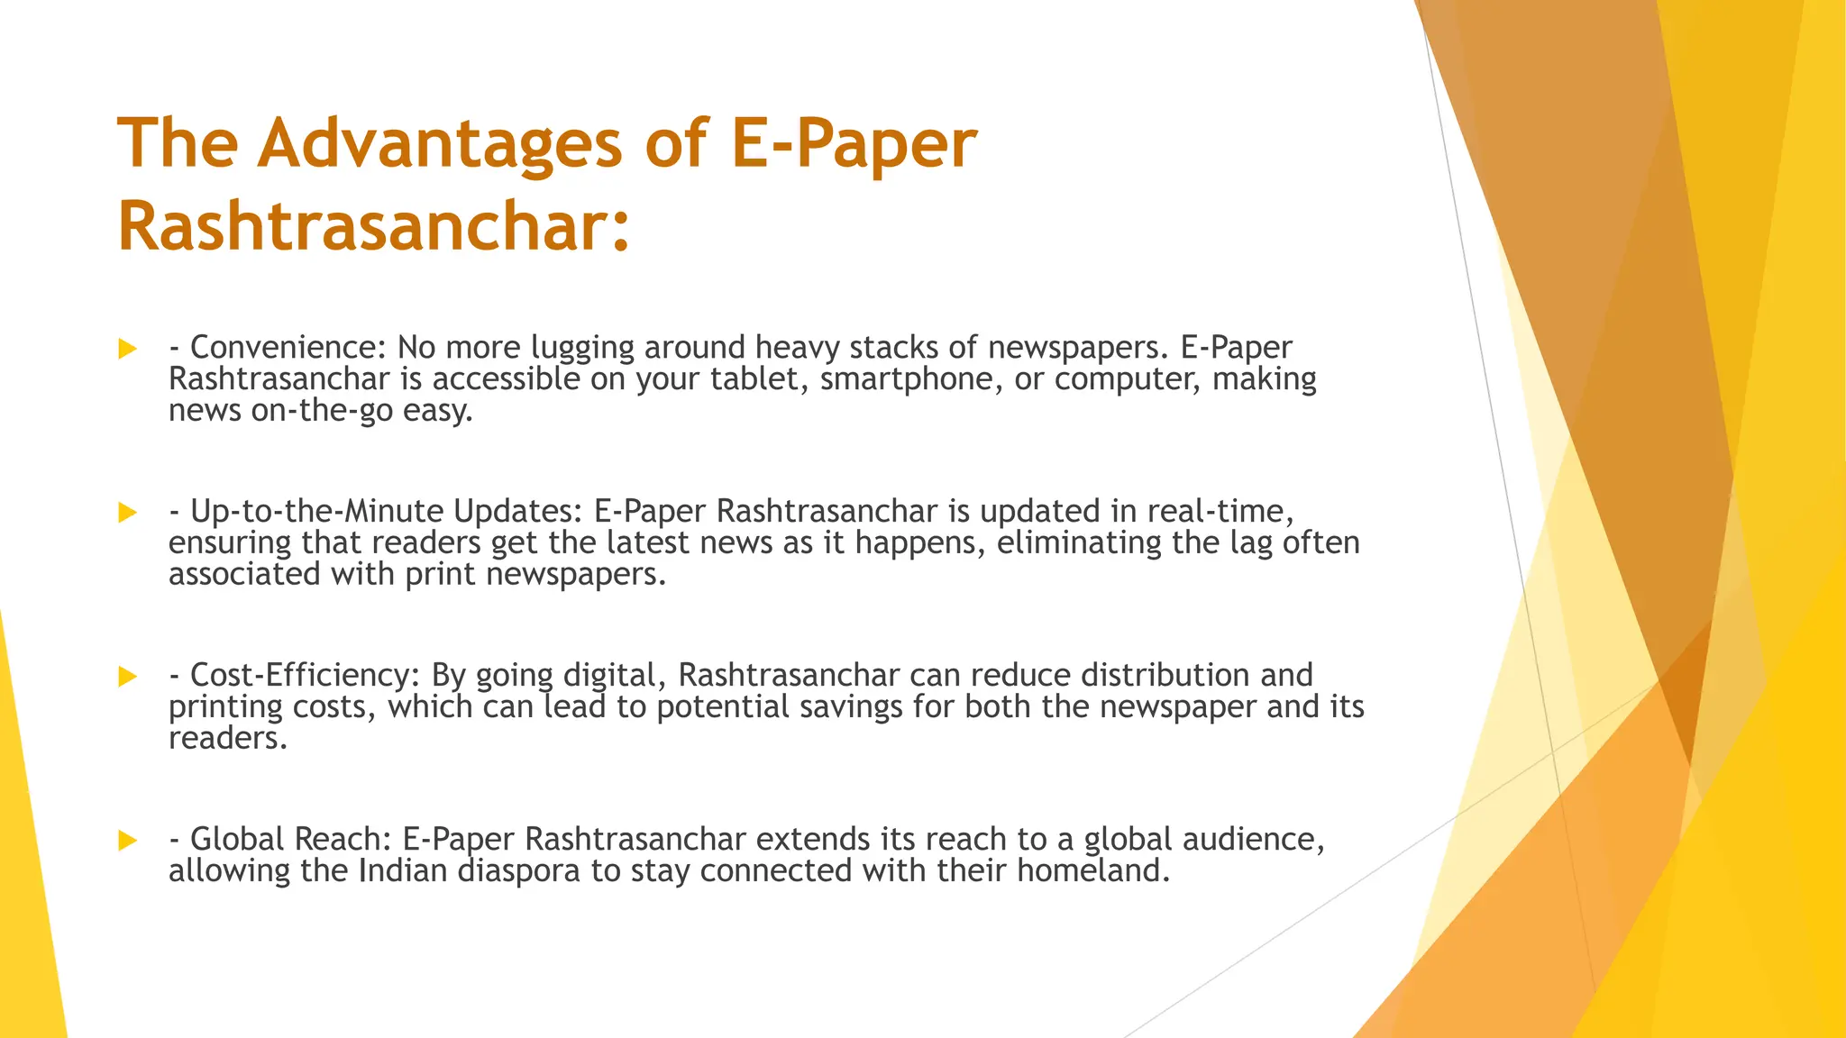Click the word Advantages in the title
point(440,144)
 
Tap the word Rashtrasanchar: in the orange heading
point(373,226)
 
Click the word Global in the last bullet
point(237,839)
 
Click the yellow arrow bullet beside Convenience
point(127,349)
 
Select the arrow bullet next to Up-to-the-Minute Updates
point(127,513)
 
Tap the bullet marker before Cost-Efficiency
point(127,677)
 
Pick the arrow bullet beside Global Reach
point(127,841)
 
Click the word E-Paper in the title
point(854,144)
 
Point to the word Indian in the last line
point(403,870)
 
